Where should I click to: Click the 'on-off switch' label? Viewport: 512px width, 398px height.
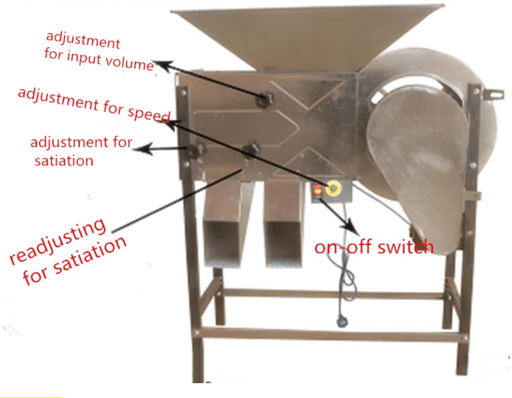tap(374, 247)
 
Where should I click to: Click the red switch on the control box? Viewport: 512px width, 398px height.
tap(318, 189)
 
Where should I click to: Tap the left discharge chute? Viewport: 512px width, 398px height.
tap(224, 222)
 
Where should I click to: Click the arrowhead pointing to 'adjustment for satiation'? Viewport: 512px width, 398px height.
tap(137, 150)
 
